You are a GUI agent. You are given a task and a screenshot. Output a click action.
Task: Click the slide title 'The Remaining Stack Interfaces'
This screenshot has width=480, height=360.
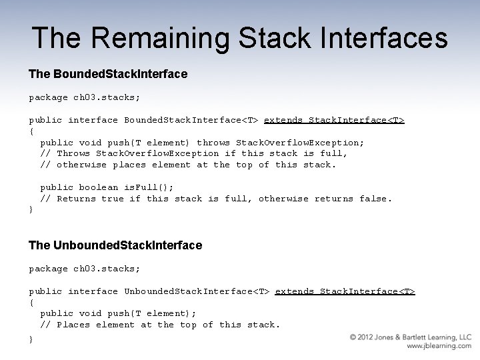click(239, 38)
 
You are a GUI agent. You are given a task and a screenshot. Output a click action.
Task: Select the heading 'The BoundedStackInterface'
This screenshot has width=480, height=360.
click(108, 74)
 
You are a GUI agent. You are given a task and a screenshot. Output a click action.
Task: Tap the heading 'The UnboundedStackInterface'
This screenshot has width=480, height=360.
click(115, 245)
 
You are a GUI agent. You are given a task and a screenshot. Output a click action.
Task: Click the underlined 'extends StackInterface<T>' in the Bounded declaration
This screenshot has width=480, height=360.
click(334, 120)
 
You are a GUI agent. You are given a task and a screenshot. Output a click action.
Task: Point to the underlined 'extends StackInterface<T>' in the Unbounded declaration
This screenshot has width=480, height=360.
click(345, 291)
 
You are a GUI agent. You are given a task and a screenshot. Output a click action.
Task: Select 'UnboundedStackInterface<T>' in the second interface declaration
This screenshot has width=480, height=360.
click(197, 291)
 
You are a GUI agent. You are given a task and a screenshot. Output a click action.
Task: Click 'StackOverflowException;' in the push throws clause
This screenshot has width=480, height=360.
click(300, 143)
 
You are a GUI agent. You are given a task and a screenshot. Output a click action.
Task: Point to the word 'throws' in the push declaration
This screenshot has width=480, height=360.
click(213, 143)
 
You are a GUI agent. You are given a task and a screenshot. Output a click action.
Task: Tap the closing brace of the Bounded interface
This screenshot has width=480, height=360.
click(31, 210)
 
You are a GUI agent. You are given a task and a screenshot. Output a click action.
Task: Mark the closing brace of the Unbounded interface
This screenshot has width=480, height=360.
click(31, 339)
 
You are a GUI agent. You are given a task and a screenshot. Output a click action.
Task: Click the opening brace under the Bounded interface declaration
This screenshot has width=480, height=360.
click(31, 131)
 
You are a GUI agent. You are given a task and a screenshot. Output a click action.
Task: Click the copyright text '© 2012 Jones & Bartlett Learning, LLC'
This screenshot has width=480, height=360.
click(411, 337)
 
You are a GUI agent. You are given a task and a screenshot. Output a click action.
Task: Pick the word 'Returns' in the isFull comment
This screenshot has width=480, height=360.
click(76, 199)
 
